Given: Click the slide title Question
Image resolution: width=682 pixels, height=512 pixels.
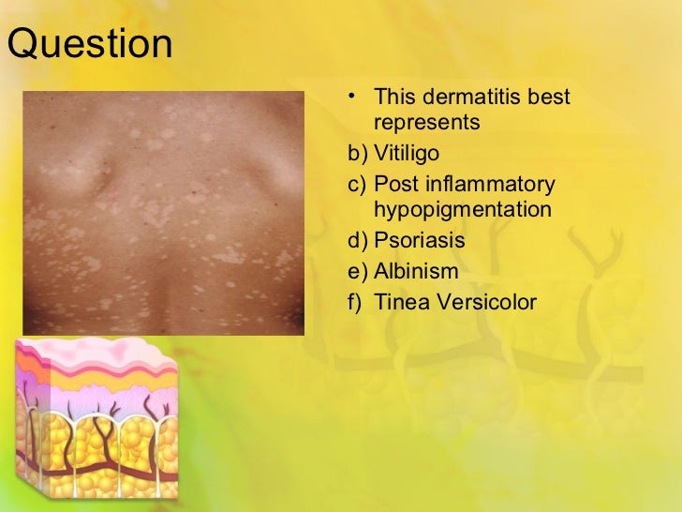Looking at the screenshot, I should pos(89,44).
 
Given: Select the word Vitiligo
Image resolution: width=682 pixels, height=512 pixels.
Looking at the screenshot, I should pos(407,153).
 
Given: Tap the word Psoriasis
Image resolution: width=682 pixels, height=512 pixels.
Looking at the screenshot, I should pos(419,240).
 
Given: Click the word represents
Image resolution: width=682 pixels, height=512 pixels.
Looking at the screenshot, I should pos(426,123).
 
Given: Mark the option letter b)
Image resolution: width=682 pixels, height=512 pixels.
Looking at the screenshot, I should pos(357,153).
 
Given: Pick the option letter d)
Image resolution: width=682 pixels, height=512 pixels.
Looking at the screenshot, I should pos(357,240).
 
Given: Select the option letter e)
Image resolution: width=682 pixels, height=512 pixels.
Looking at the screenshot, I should pos(357,272).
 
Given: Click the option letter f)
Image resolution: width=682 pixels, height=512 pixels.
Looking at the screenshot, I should pos(356,302).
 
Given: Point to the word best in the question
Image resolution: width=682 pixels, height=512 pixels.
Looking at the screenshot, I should pos(549,98).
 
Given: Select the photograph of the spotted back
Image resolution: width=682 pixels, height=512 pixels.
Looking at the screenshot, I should pos(163,212).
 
